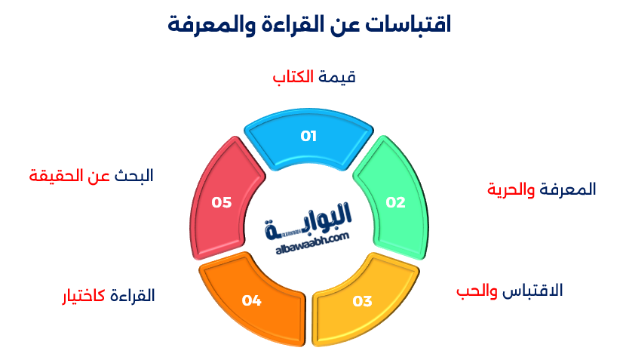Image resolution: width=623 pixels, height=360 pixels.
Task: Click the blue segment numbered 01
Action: point(308,138)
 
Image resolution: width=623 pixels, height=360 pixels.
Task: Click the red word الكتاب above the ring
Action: point(292,78)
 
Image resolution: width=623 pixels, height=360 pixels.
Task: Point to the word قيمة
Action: point(336,78)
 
